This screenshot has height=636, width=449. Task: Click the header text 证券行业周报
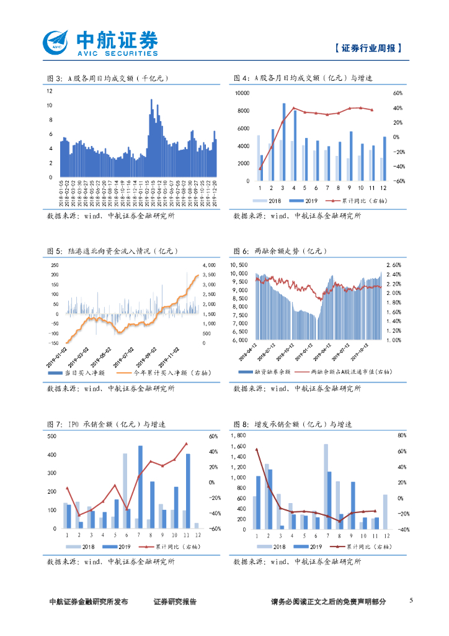pyautogui.click(x=368, y=48)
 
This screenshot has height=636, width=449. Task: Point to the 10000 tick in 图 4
pyautogui.click(x=241, y=93)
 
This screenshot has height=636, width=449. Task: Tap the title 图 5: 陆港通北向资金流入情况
pyautogui.click(x=113, y=251)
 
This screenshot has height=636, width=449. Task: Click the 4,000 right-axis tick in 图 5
pyautogui.click(x=208, y=265)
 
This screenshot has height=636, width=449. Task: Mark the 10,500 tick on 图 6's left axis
pyautogui.click(x=239, y=265)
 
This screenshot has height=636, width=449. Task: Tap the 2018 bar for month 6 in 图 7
pyautogui.click(x=125, y=491)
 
